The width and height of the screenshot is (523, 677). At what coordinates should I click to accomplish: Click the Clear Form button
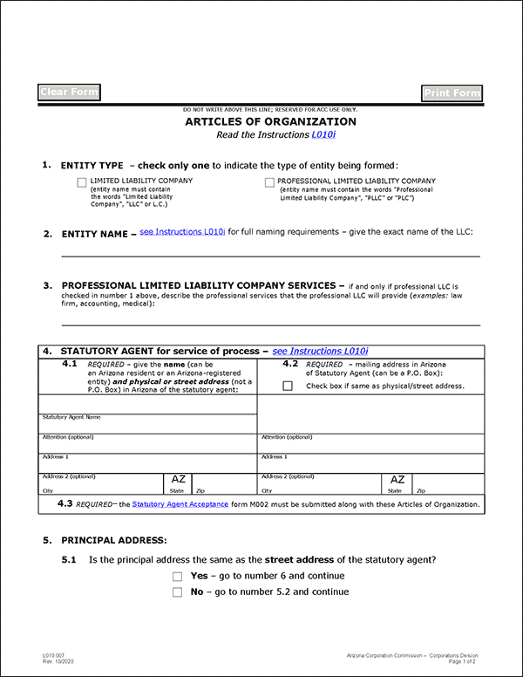point(70,92)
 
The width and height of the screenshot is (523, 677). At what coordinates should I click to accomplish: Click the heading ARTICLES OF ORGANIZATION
point(270,122)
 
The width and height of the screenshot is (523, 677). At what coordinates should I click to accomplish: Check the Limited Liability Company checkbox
point(82,182)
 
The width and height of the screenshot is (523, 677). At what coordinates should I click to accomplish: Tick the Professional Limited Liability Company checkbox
point(268,182)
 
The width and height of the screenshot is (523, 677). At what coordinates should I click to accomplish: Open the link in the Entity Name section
point(182,233)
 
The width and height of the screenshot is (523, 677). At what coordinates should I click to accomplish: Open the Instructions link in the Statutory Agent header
point(320,351)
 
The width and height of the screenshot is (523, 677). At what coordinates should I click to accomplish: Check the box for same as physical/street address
point(288,386)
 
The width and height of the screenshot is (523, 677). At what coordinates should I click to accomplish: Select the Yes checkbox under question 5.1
point(178,577)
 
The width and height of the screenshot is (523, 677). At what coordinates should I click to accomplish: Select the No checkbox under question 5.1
point(178,592)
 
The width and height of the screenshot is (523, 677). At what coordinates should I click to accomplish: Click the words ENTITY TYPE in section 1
point(92,165)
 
